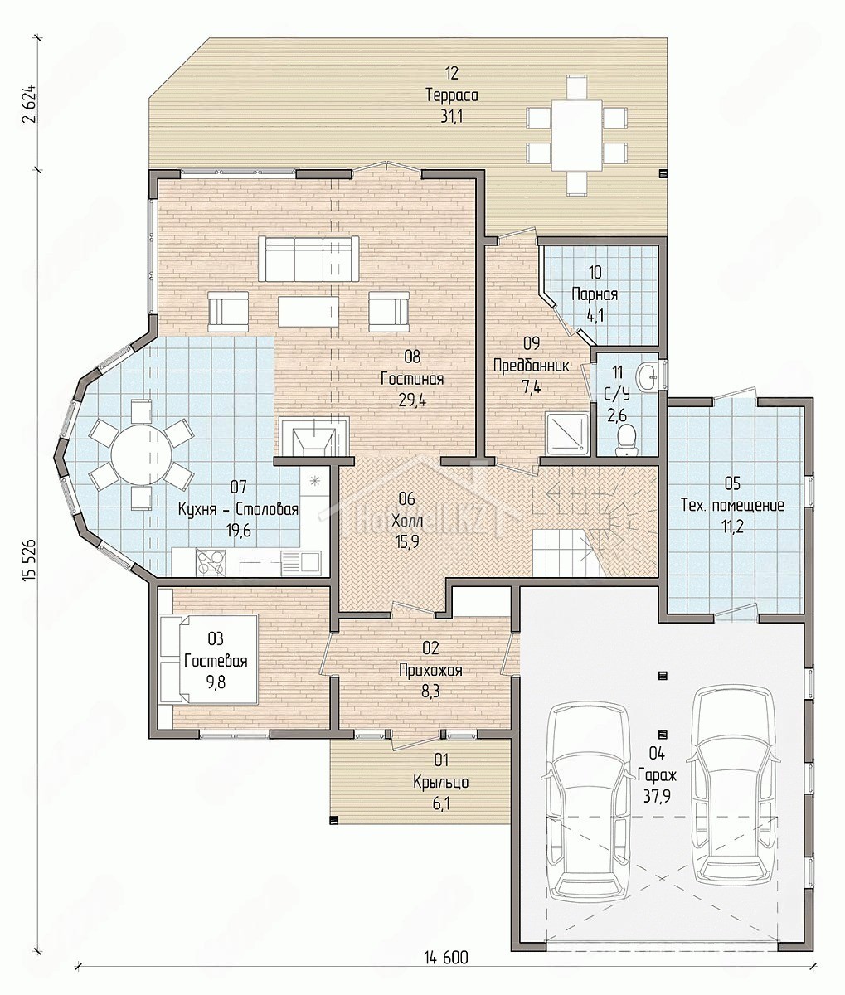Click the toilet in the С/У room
tap(626, 438)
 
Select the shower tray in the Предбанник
tap(566, 432)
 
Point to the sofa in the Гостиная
tap(308, 259)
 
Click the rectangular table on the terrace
tap(577, 135)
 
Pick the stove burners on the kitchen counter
tap(210, 562)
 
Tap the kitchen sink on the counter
tap(300, 562)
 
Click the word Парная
tap(595, 294)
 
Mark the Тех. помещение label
tap(732, 505)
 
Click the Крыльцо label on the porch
tap(440, 782)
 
